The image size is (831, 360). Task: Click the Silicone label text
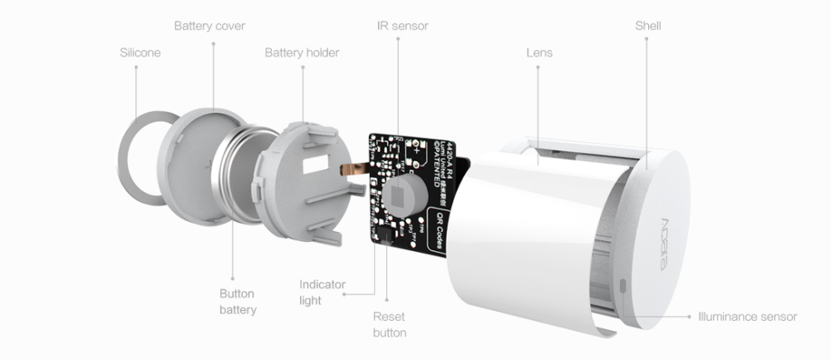pyautogui.click(x=140, y=53)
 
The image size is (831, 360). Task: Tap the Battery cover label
pyautogui.click(x=209, y=26)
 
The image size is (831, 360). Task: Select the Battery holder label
pyautogui.click(x=302, y=53)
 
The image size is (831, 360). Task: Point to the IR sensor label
pyautogui.click(x=402, y=26)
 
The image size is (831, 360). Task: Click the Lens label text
pyautogui.click(x=539, y=53)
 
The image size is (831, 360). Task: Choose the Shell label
pyautogui.click(x=648, y=26)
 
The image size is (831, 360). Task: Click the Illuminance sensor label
pyautogui.click(x=748, y=317)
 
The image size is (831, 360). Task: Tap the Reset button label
pyautogui.click(x=390, y=324)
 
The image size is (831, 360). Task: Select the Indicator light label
pyautogui.click(x=322, y=293)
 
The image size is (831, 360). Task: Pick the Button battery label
pyautogui.click(x=238, y=302)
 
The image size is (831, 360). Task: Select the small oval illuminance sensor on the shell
pyautogui.click(x=623, y=287)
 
